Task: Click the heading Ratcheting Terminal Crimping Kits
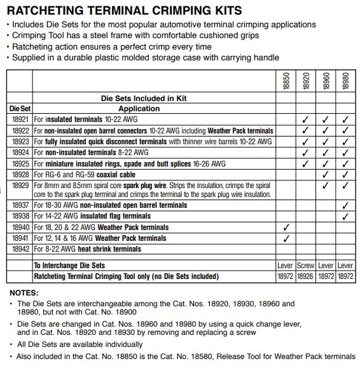click(x=124, y=11)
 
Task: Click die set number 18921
click(x=20, y=119)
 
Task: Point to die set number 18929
click(x=20, y=185)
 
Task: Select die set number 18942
click(x=20, y=249)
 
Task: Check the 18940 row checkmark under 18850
click(x=286, y=227)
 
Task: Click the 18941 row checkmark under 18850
click(x=286, y=238)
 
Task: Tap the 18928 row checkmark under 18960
click(x=326, y=173)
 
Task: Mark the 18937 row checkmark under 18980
click(x=345, y=206)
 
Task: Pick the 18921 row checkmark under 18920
click(x=306, y=119)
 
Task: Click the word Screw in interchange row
click(x=306, y=266)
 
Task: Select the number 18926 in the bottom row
click(x=306, y=276)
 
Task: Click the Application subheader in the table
click(x=139, y=109)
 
